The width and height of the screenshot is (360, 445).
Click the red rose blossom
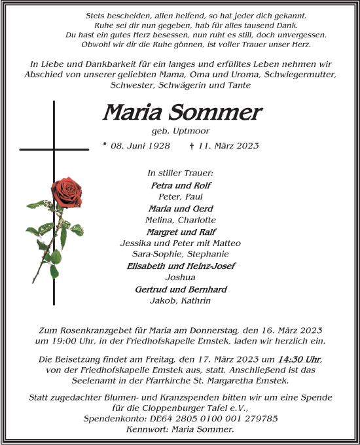coord(66,192)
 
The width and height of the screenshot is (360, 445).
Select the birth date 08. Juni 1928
coord(140,145)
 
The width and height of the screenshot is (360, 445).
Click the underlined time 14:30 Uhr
coord(298,359)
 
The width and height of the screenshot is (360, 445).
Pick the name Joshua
coord(181,277)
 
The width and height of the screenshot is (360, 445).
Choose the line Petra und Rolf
coord(181,185)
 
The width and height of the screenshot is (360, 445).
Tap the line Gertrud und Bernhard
coord(181,289)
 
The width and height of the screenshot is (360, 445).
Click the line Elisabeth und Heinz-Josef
coord(181,266)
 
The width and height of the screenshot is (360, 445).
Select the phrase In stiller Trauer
coord(181,173)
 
